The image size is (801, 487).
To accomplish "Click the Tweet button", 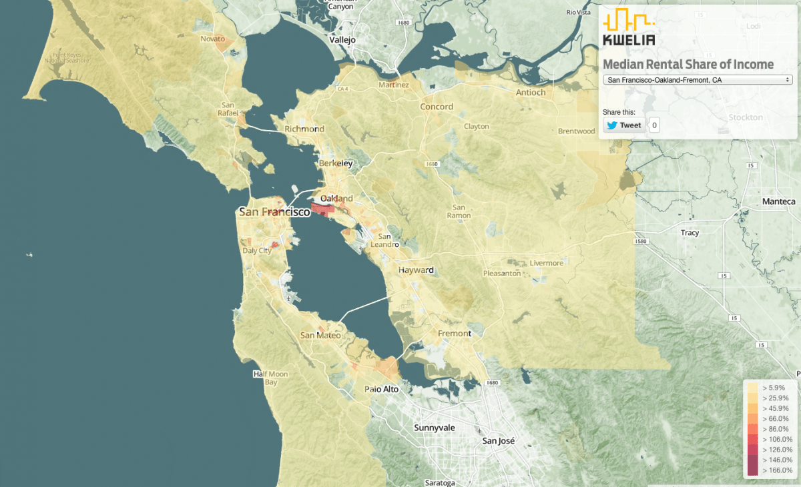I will tap(624, 125).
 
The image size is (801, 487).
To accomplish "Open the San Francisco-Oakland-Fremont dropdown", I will tap(697, 80).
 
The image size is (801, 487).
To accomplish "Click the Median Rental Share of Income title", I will tap(688, 64).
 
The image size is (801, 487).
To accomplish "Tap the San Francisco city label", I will tap(274, 212).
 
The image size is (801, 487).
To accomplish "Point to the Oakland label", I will tap(336, 199).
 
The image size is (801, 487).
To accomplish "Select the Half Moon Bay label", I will tap(270, 378).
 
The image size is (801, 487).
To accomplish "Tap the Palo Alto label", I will tap(381, 389).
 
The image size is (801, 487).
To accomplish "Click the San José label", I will tap(499, 441).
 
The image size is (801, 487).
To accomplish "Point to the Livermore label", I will tap(546, 263).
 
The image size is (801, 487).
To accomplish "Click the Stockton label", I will tap(746, 117).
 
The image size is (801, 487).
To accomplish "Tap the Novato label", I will tap(213, 39).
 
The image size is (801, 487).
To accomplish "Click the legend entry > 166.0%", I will tap(776, 470).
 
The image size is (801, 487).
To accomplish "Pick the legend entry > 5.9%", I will tap(776, 387).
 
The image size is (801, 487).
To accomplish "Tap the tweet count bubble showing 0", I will tap(654, 125).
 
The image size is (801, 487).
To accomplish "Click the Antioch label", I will tap(531, 92).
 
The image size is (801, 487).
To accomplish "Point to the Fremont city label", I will tap(454, 333).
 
